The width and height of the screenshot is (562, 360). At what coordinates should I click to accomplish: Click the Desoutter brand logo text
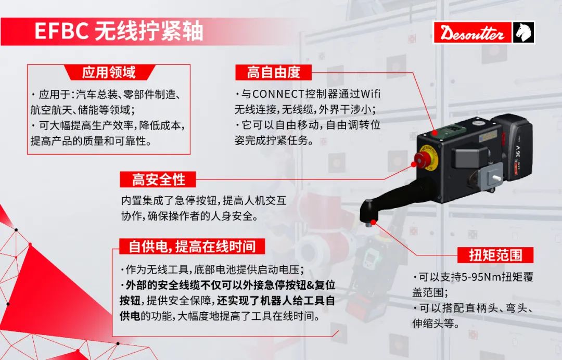click(x=472, y=33)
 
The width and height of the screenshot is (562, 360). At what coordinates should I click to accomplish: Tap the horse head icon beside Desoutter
click(x=523, y=33)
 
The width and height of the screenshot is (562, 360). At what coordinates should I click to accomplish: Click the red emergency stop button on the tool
click(x=424, y=159)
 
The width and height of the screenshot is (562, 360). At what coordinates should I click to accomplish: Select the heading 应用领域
click(x=109, y=72)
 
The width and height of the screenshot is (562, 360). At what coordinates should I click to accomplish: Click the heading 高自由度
click(x=274, y=72)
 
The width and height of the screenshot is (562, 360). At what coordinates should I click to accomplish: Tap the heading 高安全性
click(x=158, y=179)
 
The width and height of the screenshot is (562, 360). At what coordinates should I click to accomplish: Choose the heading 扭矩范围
click(x=496, y=255)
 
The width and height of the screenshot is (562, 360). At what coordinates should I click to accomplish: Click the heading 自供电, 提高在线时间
click(x=192, y=247)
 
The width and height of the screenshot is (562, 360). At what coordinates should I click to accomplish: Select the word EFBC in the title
click(x=61, y=31)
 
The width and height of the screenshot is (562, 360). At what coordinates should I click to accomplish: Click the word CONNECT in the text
click(x=278, y=94)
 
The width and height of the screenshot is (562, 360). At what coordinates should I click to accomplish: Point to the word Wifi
click(x=371, y=94)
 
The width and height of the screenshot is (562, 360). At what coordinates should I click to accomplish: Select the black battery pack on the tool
click(x=513, y=147)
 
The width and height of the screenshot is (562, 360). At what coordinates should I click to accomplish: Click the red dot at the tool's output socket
click(x=373, y=222)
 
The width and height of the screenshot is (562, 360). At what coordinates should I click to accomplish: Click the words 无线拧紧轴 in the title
click(x=149, y=31)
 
